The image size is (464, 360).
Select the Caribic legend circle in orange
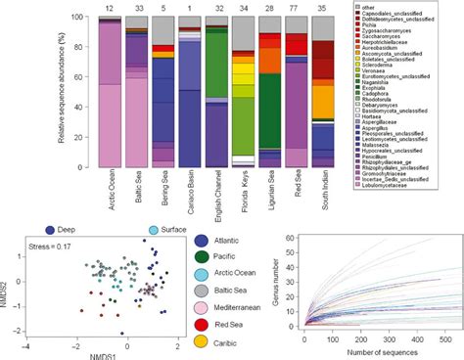(x=201, y=341)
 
